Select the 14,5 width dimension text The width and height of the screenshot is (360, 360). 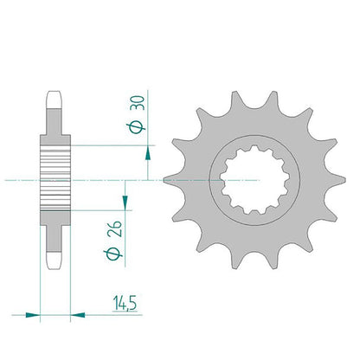[x=125, y=303]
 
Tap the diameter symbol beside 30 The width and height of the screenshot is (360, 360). [x=136, y=127]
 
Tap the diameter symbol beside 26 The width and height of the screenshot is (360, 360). [x=112, y=254]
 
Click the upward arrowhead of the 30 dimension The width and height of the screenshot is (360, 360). [x=148, y=153]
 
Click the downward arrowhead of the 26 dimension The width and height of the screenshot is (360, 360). [x=125, y=202]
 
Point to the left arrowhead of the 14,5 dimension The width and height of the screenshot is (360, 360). [x=33, y=315]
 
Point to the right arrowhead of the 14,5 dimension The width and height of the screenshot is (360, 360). [x=78, y=315]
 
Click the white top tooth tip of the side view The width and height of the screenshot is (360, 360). [x=54, y=100]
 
